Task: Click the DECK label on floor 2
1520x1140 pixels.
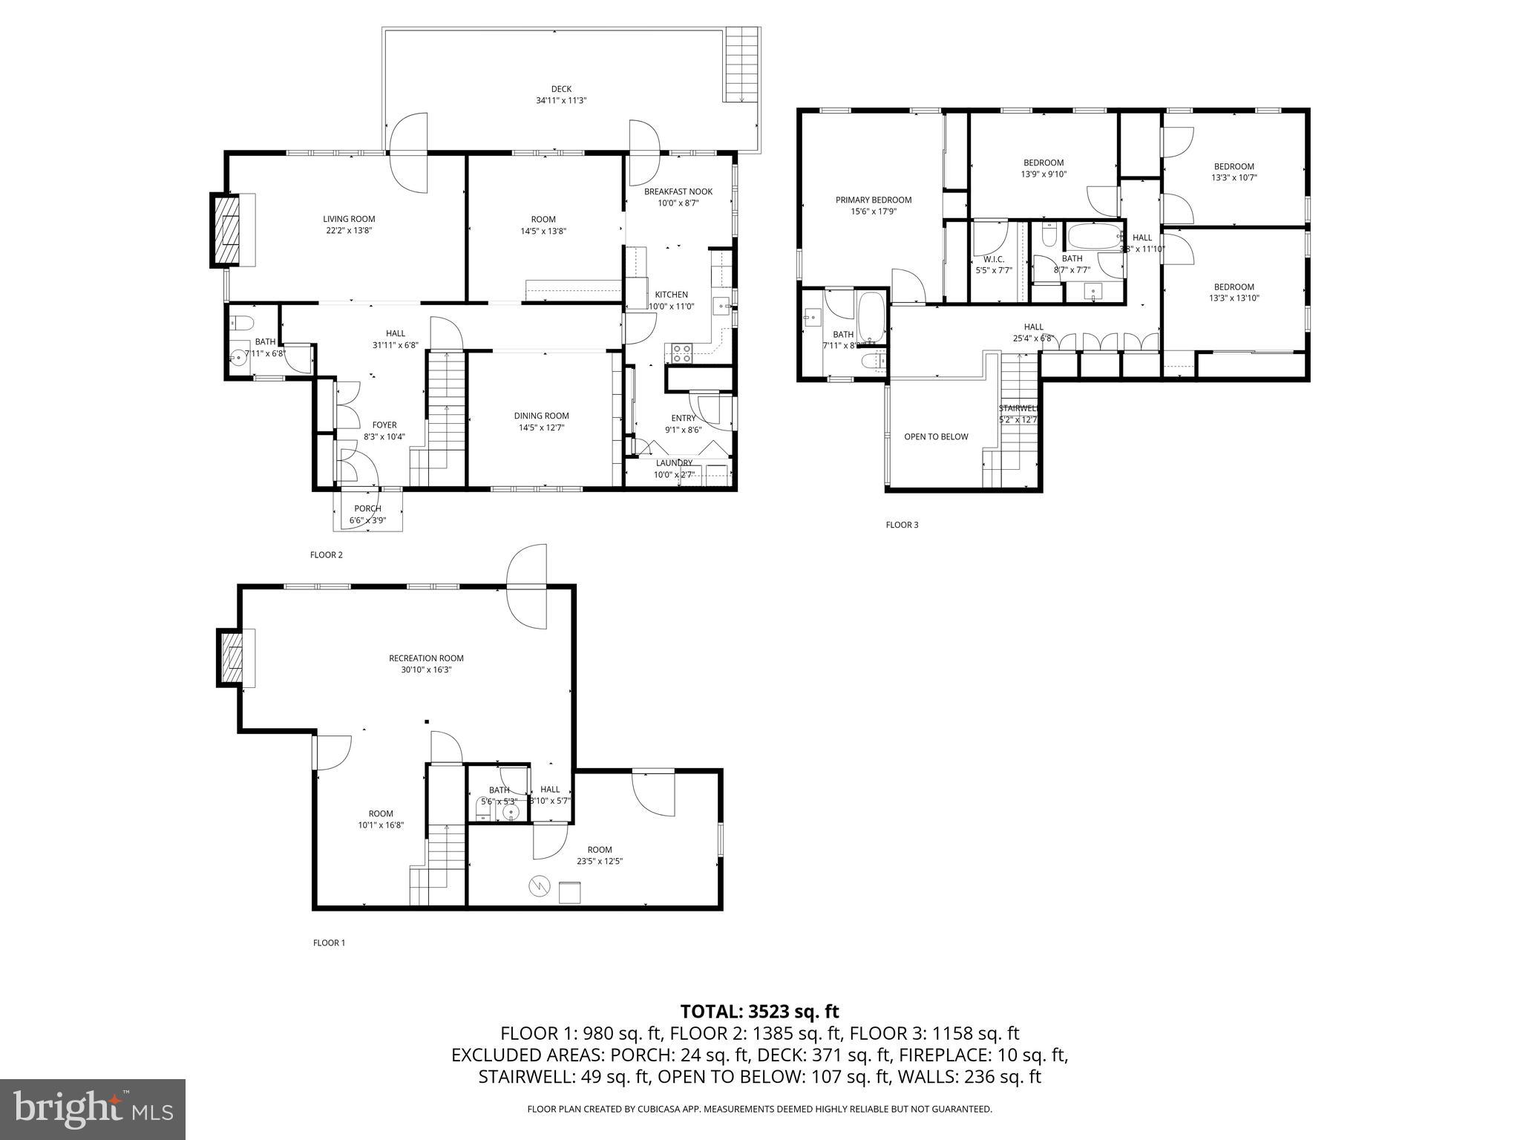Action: coord(561,89)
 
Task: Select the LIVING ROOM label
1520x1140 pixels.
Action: coord(349,219)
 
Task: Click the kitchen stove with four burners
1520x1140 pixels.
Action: coord(682,353)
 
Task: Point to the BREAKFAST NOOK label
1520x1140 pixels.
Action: coord(678,191)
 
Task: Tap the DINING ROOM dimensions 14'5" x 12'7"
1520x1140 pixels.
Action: coord(541,427)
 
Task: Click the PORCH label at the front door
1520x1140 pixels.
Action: coord(367,508)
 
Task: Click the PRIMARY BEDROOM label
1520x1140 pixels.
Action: coord(873,200)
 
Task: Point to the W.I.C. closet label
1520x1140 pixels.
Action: coord(993,259)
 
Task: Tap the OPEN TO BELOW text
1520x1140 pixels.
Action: coord(935,436)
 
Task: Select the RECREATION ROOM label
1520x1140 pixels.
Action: coord(426,658)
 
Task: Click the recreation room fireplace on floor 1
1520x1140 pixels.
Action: coord(230,658)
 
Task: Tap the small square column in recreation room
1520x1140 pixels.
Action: coord(427,721)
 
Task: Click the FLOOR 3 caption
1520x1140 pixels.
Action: coord(901,525)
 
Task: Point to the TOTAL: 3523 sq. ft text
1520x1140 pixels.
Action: coord(759,1011)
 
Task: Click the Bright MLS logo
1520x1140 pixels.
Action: coord(93,1109)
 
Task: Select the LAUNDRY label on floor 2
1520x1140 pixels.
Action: coord(674,463)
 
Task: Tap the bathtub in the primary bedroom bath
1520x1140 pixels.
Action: coord(871,317)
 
